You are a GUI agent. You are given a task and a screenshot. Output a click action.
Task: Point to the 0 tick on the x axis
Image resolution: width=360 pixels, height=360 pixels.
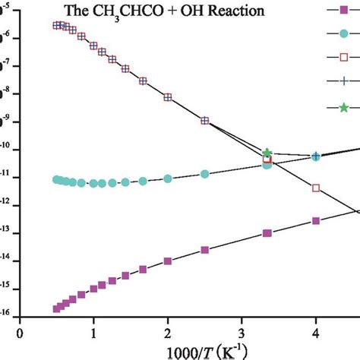pos(21,332)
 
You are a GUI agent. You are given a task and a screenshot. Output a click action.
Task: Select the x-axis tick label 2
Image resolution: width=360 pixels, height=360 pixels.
pos(168,332)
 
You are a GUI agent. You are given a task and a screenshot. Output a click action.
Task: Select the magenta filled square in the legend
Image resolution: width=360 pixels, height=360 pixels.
pos(343,10)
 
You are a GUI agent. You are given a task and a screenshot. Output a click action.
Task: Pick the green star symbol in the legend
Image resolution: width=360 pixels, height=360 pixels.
pos(343,107)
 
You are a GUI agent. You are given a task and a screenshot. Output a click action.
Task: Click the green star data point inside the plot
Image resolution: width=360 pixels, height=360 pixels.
pos(267,153)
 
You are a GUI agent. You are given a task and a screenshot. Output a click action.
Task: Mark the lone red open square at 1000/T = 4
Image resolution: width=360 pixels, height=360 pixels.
pos(317,188)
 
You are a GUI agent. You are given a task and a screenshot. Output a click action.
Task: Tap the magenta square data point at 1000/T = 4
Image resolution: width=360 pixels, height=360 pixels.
pos(316,221)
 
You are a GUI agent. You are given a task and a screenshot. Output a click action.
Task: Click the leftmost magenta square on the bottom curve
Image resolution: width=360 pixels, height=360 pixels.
pos(57,308)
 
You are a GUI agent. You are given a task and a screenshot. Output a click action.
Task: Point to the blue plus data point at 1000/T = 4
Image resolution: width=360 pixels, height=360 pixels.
pos(316,156)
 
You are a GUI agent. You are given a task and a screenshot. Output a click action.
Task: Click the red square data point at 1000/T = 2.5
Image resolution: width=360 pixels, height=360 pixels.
pos(204,121)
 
